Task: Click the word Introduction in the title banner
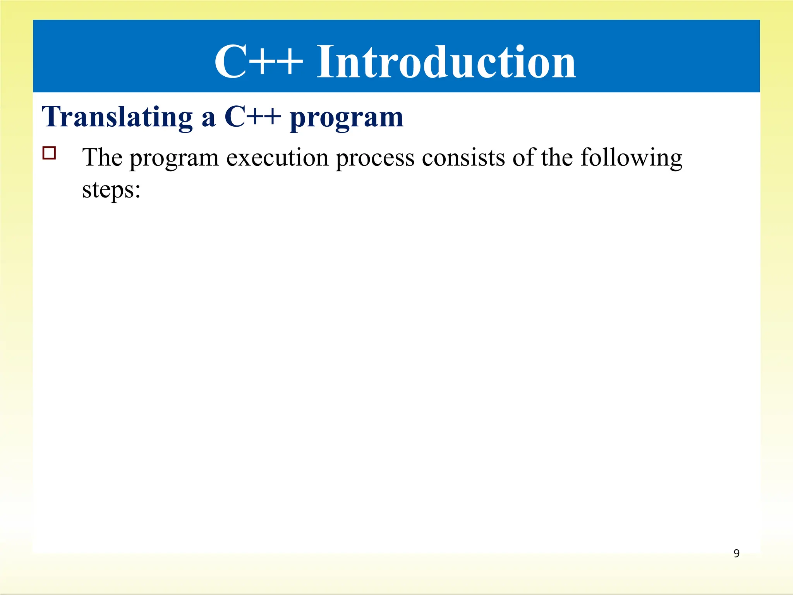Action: click(446, 62)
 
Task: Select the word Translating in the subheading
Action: click(117, 117)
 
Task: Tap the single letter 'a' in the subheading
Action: click(208, 118)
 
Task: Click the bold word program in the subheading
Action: click(347, 118)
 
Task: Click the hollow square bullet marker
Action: click(49, 153)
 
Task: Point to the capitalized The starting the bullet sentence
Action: click(102, 158)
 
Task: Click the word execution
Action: click(277, 158)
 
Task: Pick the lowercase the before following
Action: click(557, 158)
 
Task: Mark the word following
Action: click(631, 159)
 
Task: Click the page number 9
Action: click(736, 553)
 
